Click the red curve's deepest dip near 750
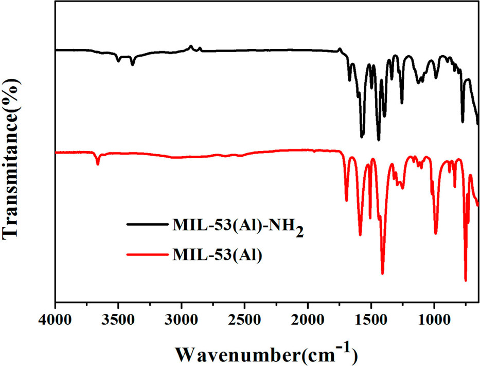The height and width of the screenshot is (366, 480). [x=466, y=280]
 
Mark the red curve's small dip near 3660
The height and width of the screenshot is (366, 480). [x=98, y=164]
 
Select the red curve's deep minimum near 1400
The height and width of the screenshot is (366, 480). [x=382, y=273]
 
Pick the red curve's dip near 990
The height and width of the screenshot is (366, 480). [x=436, y=233]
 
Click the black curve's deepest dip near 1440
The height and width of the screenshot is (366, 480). [x=379, y=140]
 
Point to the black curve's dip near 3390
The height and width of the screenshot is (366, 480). [x=133, y=64]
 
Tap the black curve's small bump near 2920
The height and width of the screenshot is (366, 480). [x=191, y=46]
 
